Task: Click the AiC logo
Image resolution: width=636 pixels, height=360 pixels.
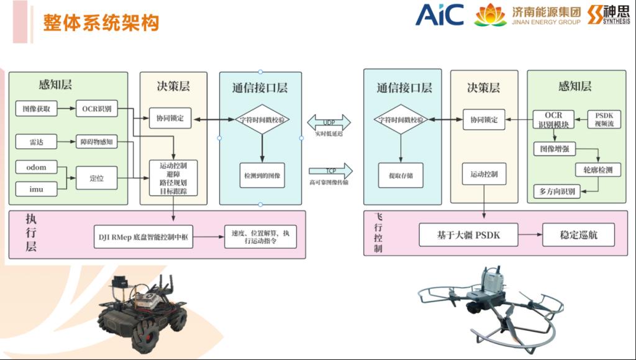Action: tap(439, 15)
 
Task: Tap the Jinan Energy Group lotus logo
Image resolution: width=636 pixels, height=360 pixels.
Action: tap(491, 15)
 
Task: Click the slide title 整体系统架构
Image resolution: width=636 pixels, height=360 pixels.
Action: tap(101, 23)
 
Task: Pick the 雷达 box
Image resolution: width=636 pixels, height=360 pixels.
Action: tap(37, 142)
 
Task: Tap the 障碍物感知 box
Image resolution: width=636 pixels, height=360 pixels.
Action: tap(96, 142)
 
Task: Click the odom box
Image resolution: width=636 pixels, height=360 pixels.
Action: tap(35, 167)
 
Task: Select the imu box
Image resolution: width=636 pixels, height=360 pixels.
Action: tap(35, 187)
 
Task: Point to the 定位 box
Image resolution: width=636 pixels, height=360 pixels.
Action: tap(96, 178)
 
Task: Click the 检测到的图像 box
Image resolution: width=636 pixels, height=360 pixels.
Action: tap(261, 176)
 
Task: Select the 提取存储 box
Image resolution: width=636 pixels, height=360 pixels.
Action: tap(400, 176)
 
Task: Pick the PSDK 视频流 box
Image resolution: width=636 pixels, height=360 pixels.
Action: tap(604, 119)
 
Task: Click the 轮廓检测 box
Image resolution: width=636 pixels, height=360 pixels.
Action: tap(597, 169)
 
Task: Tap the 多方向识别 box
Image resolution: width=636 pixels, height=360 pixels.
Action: tap(557, 191)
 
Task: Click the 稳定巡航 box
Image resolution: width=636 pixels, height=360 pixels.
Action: tap(579, 235)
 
